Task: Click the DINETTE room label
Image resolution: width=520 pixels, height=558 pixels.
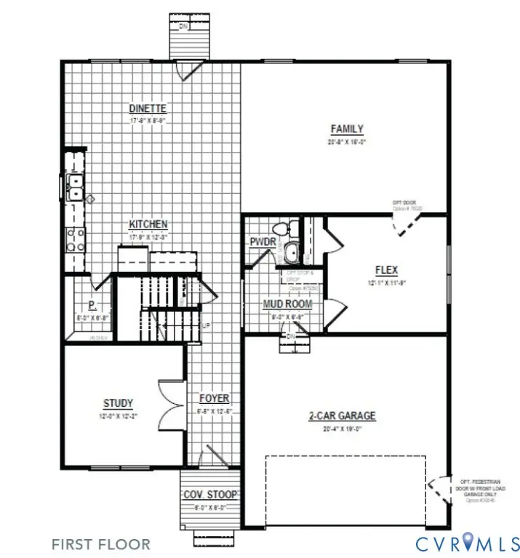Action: coord(149,109)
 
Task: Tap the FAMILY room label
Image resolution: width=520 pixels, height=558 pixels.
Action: coord(347,129)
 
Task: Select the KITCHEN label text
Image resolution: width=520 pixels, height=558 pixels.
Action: coord(149,224)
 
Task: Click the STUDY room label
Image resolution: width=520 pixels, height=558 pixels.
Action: coord(118,403)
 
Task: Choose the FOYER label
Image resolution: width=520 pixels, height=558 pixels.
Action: coord(214,398)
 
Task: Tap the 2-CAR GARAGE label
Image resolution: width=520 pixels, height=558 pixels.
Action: coord(343,416)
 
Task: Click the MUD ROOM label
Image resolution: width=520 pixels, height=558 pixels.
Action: coord(287,304)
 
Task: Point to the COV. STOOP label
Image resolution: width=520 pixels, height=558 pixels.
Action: coord(209,495)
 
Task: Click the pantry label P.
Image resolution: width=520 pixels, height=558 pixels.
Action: coord(92,305)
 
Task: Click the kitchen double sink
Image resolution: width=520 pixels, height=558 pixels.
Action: coord(74,187)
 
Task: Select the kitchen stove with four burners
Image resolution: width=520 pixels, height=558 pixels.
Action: coord(76,240)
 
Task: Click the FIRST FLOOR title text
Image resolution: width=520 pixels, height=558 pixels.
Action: coord(101,543)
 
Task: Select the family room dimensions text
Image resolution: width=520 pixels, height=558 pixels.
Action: coord(347,142)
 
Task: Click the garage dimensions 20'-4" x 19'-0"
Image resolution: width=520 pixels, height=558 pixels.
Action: coord(343,429)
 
